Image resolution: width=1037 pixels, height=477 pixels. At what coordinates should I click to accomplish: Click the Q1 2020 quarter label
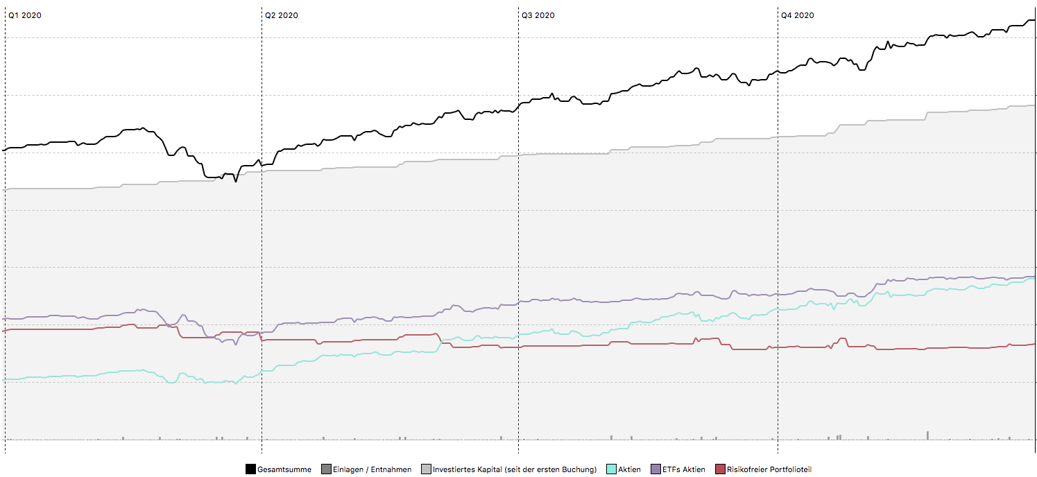(24, 15)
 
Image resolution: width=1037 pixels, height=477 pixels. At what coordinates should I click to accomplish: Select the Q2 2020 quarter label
(281, 15)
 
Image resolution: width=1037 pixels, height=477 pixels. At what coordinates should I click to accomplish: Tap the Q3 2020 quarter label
(538, 15)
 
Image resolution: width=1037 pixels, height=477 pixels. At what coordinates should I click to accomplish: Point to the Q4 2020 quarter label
(797, 15)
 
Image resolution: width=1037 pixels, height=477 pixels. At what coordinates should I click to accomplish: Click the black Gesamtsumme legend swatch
(250, 469)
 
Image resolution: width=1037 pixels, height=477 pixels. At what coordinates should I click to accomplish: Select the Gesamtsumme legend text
(284, 469)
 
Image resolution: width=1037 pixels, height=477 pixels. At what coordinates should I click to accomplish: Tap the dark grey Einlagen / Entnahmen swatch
(327, 469)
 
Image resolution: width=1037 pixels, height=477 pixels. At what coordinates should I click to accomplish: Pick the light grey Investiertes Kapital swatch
(426, 469)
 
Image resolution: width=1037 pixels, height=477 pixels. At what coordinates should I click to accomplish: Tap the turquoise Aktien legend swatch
(612, 469)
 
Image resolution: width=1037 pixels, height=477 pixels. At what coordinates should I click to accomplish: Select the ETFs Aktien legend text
(684, 469)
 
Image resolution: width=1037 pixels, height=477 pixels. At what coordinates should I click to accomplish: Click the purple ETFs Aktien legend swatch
(655, 469)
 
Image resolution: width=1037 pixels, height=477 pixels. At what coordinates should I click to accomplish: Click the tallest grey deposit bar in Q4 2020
(927, 435)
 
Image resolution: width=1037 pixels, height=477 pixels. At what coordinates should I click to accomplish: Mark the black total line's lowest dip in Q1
(236, 181)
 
